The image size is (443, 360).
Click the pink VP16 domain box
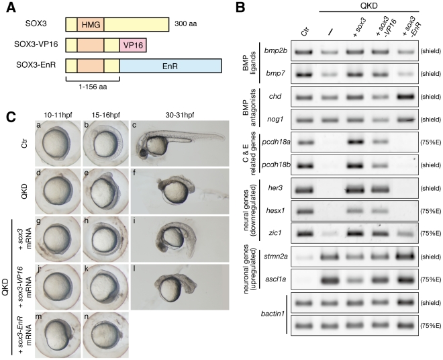click(x=133, y=45)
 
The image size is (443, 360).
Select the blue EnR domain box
click(x=170, y=66)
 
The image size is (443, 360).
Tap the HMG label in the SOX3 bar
click(x=91, y=25)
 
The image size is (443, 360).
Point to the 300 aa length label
click(x=186, y=24)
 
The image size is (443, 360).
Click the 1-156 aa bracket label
click(x=93, y=87)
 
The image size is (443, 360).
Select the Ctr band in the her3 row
click(x=304, y=189)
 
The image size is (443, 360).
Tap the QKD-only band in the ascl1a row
click(x=330, y=280)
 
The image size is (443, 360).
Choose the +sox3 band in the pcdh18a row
click(x=354, y=142)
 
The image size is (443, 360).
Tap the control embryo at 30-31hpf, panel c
click(x=180, y=143)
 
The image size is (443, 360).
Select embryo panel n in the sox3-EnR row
click(x=106, y=335)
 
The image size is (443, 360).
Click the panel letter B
click(x=240, y=7)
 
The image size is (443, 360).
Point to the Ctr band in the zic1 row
click(x=304, y=234)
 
